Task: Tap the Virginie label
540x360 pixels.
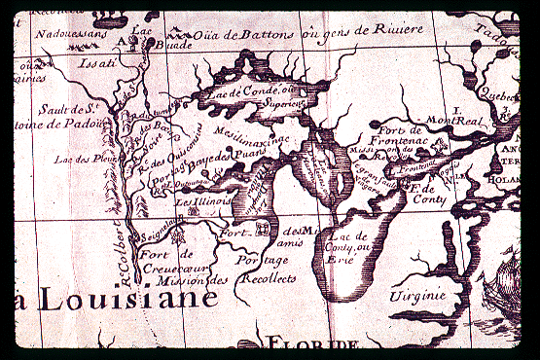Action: [418, 295]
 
